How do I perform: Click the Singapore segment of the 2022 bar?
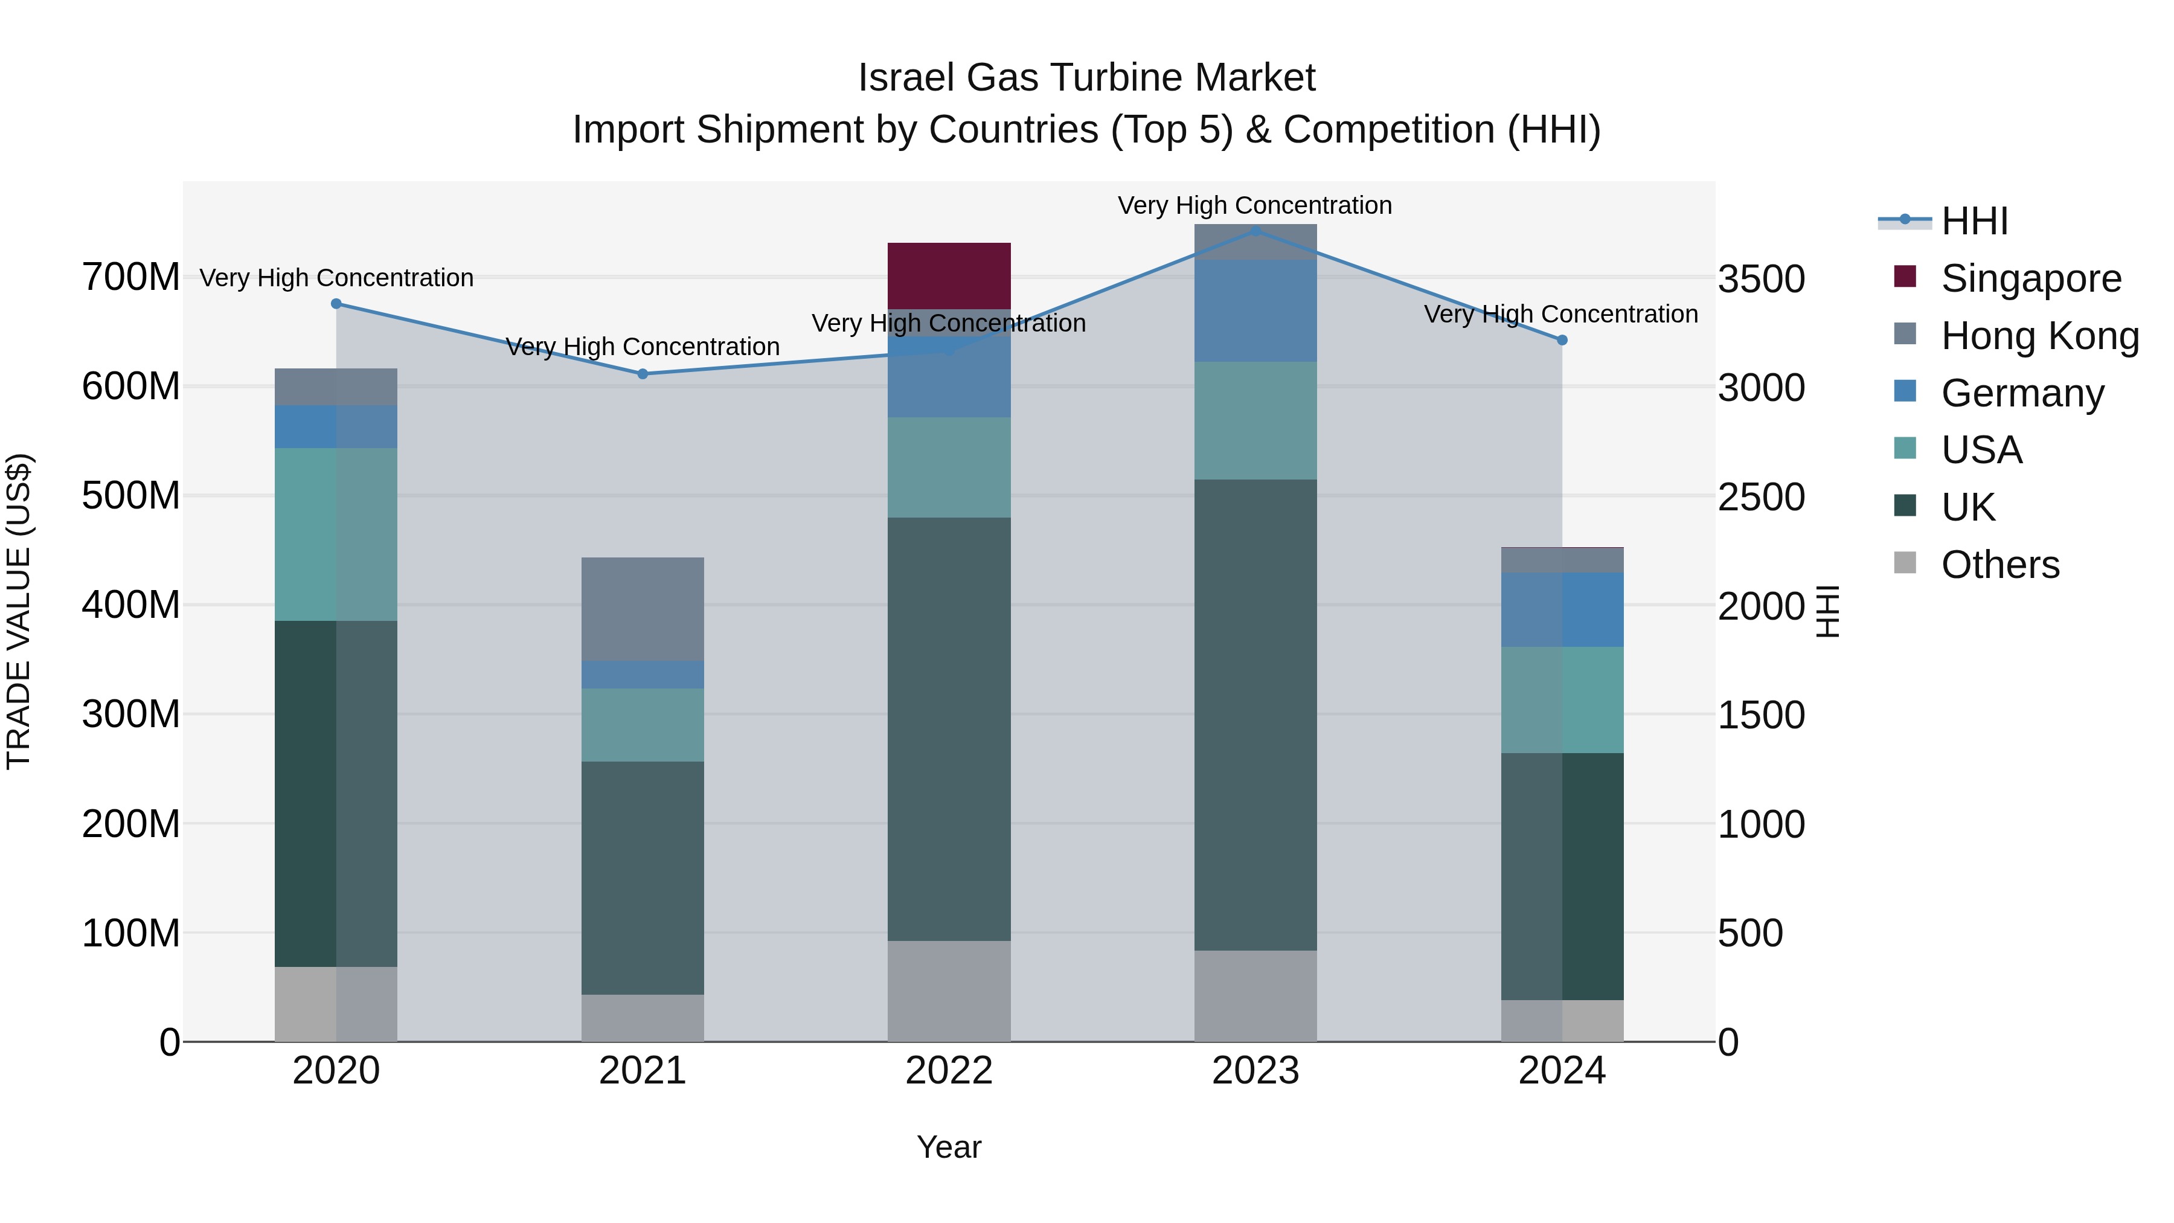tap(949, 275)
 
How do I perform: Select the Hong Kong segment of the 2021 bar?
tap(643, 609)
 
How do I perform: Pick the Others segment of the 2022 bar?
tap(949, 991)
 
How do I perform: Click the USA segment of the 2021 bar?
tap(643, 725)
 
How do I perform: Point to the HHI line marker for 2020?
tap(336, 304)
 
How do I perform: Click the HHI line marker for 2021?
tap(643, 374)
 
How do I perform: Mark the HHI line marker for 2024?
tap(1561, 340)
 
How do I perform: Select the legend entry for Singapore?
tap(2030, 278)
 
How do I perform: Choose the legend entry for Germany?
tap(2022, 393)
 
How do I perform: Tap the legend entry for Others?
tap(1999, 565)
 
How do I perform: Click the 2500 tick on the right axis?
tap(1762, 497)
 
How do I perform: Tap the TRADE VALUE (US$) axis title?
tap(19, 611)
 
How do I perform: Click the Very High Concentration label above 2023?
tap(1254, 205)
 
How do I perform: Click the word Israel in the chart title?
tap(906, 78)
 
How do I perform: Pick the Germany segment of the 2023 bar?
tap(1255, 310)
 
